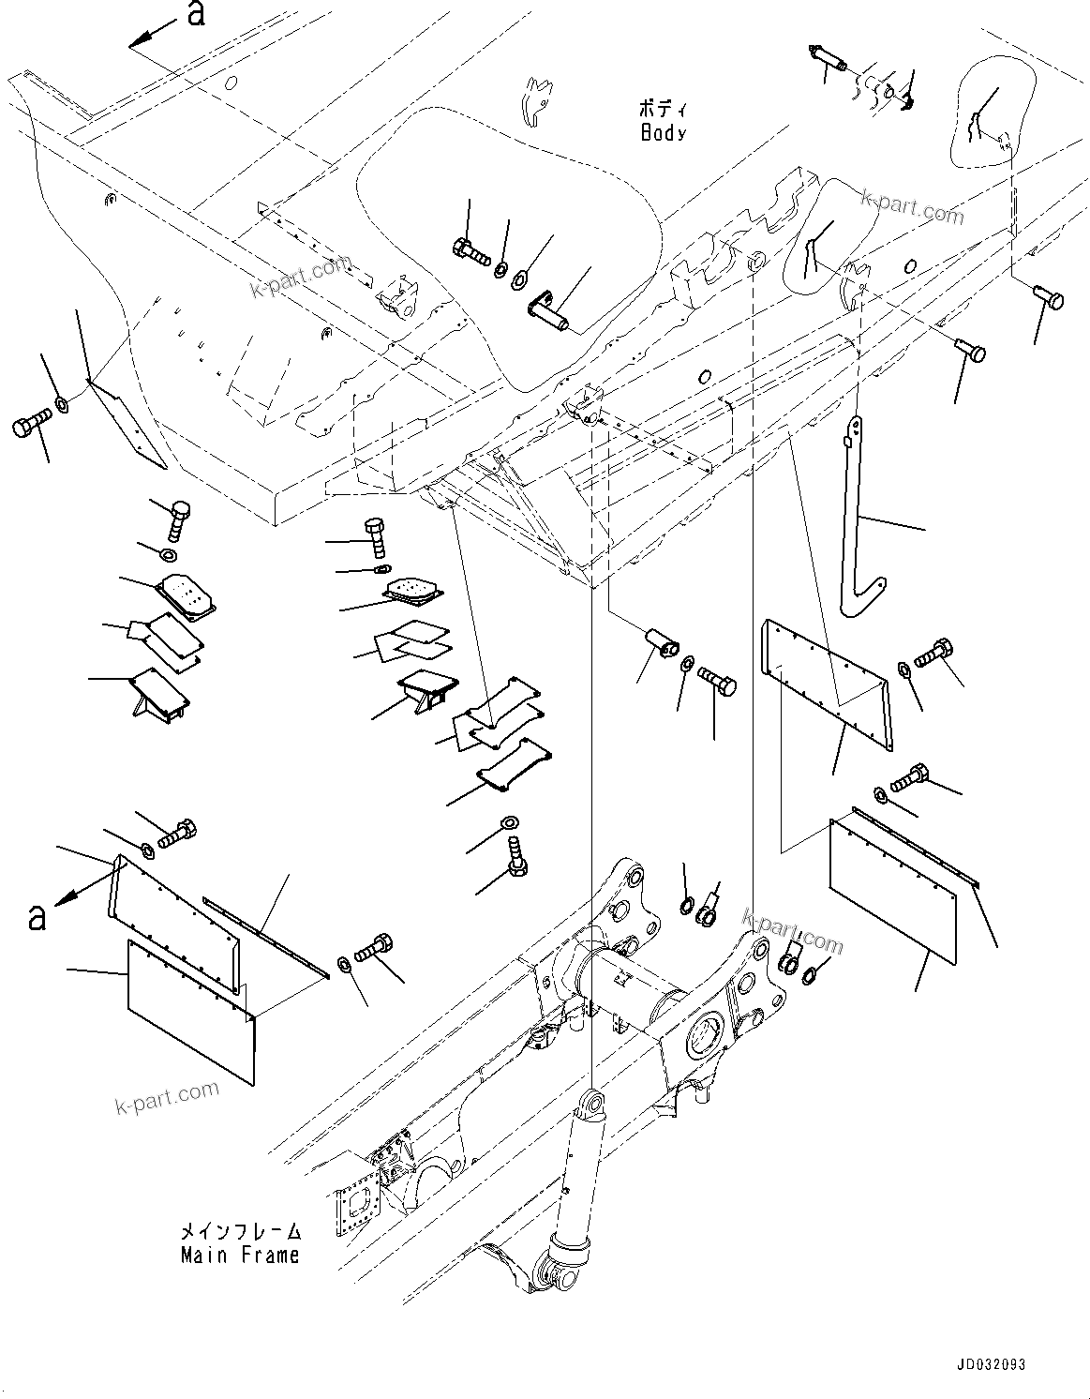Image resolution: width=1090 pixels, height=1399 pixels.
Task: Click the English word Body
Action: coord(664,133)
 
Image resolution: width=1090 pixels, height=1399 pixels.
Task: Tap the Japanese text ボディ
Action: coord(662,109)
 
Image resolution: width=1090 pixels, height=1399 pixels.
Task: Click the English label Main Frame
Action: coord(240,1255)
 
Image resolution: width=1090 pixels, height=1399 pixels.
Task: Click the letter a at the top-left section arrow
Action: coord(196,15)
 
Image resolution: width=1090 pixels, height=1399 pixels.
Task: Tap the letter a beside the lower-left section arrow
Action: coord(37,916)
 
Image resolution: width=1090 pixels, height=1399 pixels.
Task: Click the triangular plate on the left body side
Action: coord(128,422)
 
